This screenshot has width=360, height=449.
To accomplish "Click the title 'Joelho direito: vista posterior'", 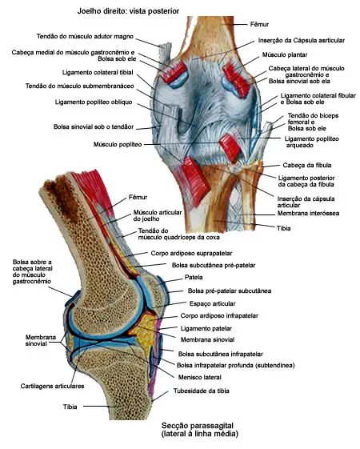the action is (x=128, y=11).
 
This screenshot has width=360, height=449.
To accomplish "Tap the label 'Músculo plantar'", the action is (x=285, y=54).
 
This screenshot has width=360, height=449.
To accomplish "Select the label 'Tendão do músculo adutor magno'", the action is (x=85, y=36).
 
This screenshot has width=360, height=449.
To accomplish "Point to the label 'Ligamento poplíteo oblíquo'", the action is (x=94, y=102).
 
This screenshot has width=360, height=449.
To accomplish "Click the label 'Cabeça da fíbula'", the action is (x=307, y=165).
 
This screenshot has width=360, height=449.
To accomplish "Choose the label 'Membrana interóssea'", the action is (x=308, y=214).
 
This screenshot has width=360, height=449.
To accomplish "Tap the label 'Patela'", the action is (x=194, y=277).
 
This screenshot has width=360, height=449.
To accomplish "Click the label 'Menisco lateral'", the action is (x=200, y=377).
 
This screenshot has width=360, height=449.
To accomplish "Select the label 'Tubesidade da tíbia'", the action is (x=201, y=391).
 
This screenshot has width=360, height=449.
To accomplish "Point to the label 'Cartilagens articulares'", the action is (x=52, y=387).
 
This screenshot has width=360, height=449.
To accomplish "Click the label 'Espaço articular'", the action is (x=212, y=303).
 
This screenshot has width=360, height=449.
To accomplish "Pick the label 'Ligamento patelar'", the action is (x=206, y=328).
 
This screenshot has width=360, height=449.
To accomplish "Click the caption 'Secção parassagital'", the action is (x=198, y=426).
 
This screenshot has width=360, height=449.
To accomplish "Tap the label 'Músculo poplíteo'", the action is (x=118, y=144).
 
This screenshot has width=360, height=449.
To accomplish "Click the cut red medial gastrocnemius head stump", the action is (x=174, y=71).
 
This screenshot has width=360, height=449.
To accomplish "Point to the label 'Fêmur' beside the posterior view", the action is (x=259, y=24).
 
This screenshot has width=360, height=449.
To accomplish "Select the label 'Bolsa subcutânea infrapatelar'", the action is (x=220, y=355).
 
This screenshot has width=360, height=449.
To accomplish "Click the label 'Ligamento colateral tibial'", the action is (x=98, y=73).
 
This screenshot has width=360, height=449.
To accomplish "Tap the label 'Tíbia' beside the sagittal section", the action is (x=70, y=407).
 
